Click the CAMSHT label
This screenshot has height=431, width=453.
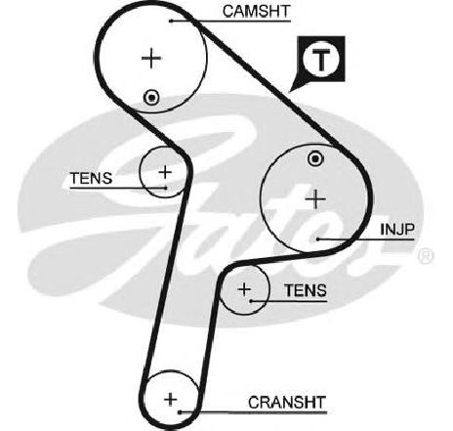[256, 12]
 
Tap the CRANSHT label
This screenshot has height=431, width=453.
[287, 403]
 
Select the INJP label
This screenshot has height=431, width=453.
[397, 230]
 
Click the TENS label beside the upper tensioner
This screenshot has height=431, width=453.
[91, 178]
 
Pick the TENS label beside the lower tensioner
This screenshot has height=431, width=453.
[306, 290]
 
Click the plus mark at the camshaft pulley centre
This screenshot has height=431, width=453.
[151, 59]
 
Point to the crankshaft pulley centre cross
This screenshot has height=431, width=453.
[170, 399]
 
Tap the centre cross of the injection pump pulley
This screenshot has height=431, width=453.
[315, 198]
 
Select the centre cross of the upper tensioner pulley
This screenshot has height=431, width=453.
[165, 172]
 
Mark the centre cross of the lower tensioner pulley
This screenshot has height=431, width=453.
[244, 289]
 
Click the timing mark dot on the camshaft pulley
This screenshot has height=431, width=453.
[151, 98]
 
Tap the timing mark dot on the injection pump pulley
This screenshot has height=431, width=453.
[315, 159]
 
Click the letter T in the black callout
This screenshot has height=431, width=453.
[321, 61]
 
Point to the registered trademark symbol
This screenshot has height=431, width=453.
[426, 256]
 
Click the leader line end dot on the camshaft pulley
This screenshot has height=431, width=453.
[170, 22]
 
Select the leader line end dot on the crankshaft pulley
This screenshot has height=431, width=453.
[180, 412]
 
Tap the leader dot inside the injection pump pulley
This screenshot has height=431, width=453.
[318, 239]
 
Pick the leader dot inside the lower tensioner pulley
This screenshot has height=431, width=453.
[251, 301]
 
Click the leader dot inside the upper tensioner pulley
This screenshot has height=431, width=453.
[166, 188]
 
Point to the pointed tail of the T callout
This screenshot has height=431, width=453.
[290, 92]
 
